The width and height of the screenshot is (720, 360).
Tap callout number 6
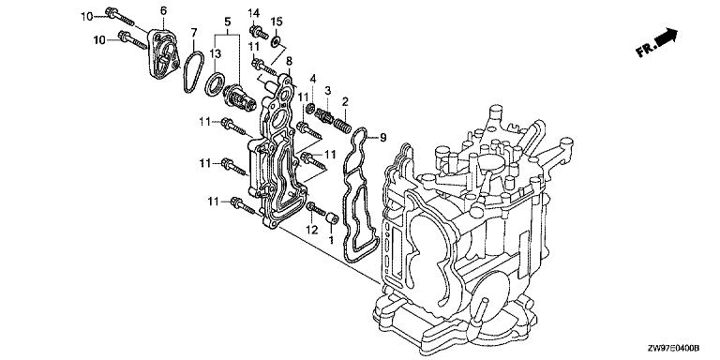coord(164,10)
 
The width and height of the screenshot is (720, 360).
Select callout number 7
coord(194,32)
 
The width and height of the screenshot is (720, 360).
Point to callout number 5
coord(228,22)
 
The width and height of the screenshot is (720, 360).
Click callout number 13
coord(216,54)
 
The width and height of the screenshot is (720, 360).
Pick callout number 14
coord(254,11)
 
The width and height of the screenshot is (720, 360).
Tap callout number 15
coord(277,22)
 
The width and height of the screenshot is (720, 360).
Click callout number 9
coord(383,137)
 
